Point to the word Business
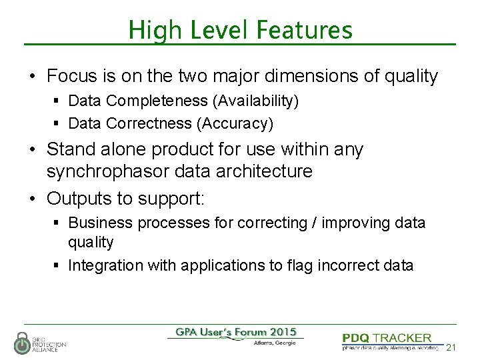tap(97, 223)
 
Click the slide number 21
tap(451, 347)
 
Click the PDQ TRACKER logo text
tap(387, 339)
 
